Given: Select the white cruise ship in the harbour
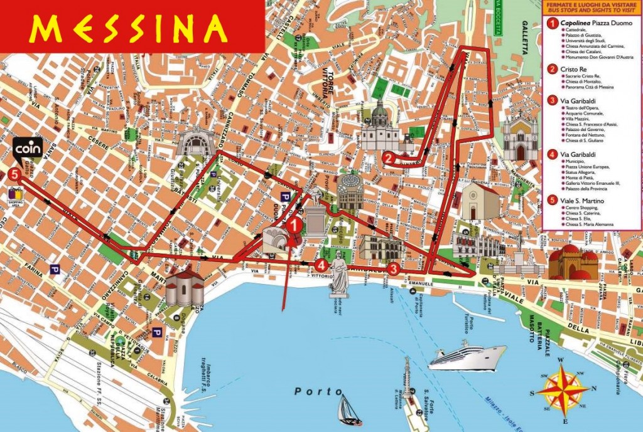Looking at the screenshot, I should tap(467, 356).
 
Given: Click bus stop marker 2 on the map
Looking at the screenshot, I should tap(389, 159).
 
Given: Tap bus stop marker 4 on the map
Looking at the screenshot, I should tap(322, 265).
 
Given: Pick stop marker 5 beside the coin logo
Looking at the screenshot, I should tap(14, 176).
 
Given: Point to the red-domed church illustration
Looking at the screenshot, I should tap(573, 262).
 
